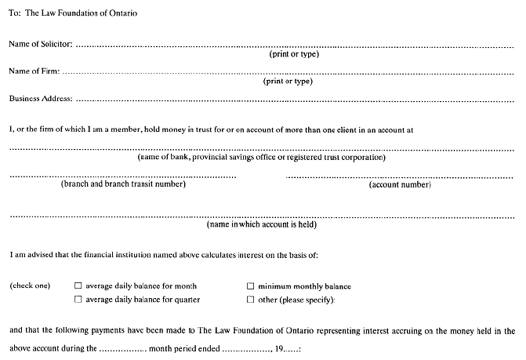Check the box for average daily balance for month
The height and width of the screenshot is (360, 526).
point(78,286)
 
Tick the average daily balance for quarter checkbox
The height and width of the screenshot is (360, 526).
point(78,300)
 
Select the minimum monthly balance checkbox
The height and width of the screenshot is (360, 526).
point(251,286)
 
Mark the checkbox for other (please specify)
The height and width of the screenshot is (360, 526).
point(251,300)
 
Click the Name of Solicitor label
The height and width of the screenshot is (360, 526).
point(40,44)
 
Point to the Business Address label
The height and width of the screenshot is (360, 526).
point(41,99)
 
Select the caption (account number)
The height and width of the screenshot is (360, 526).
point(400,185)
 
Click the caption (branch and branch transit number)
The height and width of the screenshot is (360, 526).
point(123,184)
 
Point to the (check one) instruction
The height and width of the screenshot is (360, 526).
point(29,286)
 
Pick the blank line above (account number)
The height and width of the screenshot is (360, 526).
point(400,176)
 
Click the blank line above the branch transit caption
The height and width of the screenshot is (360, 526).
point(123,176)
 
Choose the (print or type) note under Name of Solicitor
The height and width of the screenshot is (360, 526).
point(293,54)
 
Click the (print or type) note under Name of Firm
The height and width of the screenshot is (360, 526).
point(288,81)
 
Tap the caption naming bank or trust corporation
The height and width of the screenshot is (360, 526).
point(262,157)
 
